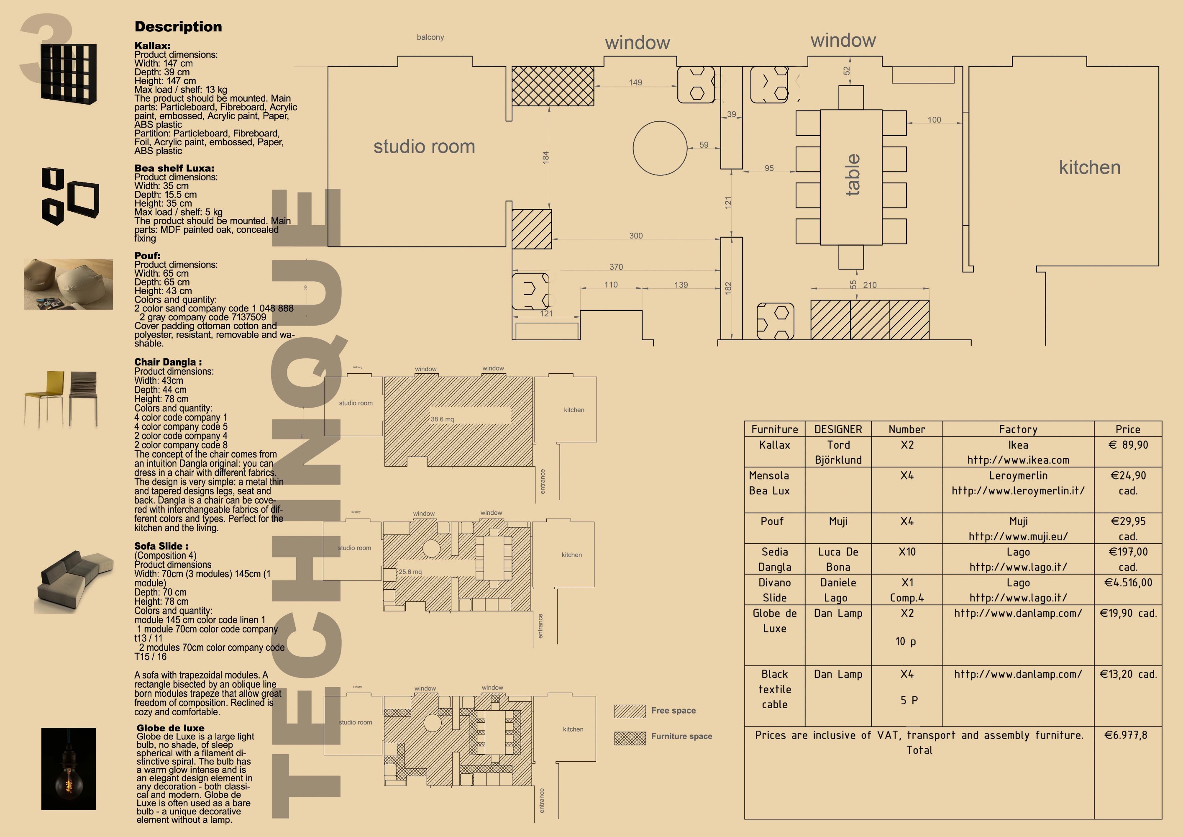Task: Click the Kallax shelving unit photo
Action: pos(69,73)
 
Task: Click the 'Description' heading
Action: pos(178,27)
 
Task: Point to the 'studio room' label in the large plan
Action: pos(424,147)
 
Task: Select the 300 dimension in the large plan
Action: pos(636,236)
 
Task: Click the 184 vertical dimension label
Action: pos(545,158)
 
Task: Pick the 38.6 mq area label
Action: pos(442,419)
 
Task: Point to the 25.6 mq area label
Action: pos(410,572)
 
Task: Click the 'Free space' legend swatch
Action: pos(630,711)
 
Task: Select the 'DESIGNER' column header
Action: pos(838,429)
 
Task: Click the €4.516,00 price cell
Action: pos(1127,583)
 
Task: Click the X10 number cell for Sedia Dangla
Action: pos(907,552)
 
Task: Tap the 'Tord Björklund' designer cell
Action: pos(838,452)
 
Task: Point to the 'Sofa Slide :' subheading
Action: pos(161,546)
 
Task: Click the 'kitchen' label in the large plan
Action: pos(1089,167)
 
